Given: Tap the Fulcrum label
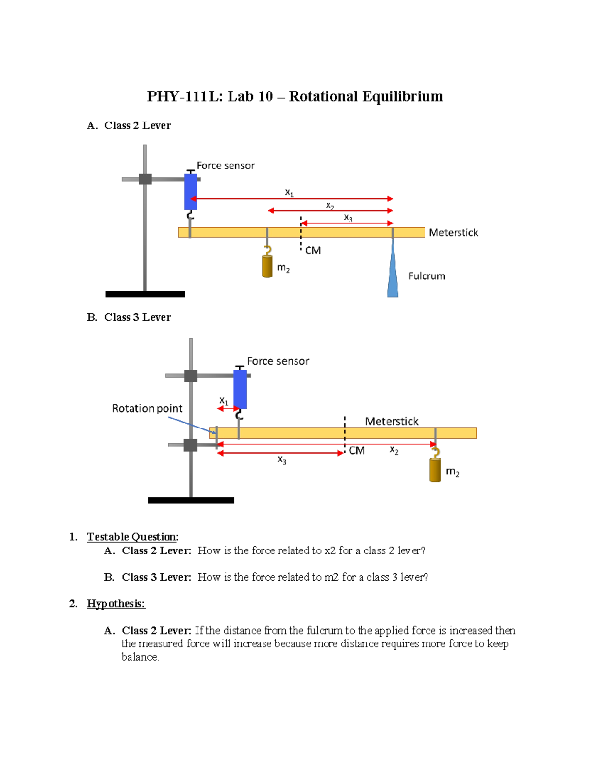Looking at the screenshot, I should tap(427, 276).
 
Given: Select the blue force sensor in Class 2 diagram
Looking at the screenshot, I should tap(191, 191).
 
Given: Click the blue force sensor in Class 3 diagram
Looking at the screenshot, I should tap(240, 389).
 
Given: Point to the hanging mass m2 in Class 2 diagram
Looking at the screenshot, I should tap(267, 266).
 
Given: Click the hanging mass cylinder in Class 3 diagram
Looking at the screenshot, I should tap(435, 470).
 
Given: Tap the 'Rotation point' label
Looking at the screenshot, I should tap(147, 408).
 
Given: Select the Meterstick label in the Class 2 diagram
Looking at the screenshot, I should tap(453, 233).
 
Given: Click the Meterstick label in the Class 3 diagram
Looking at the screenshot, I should tap(392, 421).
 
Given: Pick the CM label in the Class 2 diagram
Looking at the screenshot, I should tap(313, 251).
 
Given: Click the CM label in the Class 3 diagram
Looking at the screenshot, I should tap(357, 451).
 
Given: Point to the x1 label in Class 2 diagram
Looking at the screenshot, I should tap(289, 193).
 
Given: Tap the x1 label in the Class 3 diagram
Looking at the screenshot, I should tap(224, 401).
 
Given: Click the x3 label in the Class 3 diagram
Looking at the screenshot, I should tap(282, 459).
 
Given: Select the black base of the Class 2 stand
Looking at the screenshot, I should tap(145, 294).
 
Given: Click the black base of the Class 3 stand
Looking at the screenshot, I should tap(191, 500).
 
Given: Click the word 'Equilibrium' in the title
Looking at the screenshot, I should tap(403, 96).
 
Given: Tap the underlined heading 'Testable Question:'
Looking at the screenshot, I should tap(132, 537).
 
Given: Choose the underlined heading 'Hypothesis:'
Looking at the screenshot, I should tap(116, 604).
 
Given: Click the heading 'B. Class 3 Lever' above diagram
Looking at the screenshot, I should tap(129, 317).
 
